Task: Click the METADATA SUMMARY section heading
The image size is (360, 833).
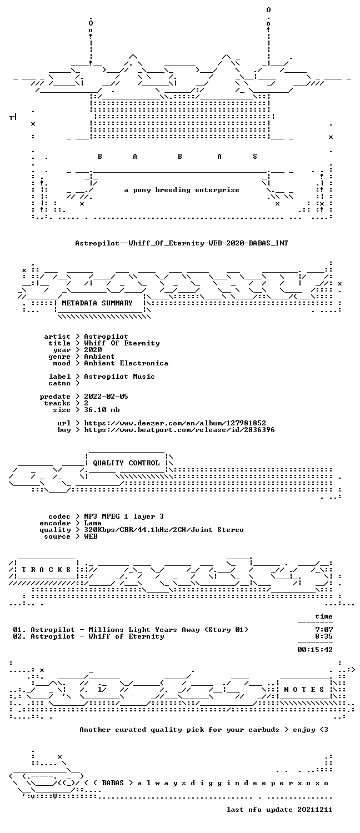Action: (x=97, y=303)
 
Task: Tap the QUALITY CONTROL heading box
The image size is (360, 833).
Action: (x=126, y=463)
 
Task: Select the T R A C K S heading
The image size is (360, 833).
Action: (x=46, y=570)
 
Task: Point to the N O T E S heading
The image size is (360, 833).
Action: (x=304, y=690)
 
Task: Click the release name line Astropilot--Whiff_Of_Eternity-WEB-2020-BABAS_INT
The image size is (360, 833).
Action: (x=182, y=243)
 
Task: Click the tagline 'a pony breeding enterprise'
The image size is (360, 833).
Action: (x=182, y=190)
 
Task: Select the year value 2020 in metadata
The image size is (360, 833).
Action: (x=93, y=350)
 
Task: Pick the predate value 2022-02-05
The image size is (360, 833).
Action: (x=106, y=397)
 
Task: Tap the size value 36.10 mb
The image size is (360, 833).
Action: (x=102, y=410)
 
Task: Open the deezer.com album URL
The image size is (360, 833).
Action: (x=175, y=423)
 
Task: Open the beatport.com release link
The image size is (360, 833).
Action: (x=179, y=430)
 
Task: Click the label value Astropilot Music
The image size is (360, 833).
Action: (x=119, y=377)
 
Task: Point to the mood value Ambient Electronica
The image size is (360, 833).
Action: (x=126, y=363)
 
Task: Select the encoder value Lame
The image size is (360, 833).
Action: (x=93, y=523)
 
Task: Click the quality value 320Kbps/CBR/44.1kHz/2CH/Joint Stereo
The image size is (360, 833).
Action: (x=164, y=530)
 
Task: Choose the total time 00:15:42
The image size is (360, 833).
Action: (x=315, y=650)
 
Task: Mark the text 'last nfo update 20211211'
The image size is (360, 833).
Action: (x=279, y=810)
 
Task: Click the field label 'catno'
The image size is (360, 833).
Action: (x=59, y=383)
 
